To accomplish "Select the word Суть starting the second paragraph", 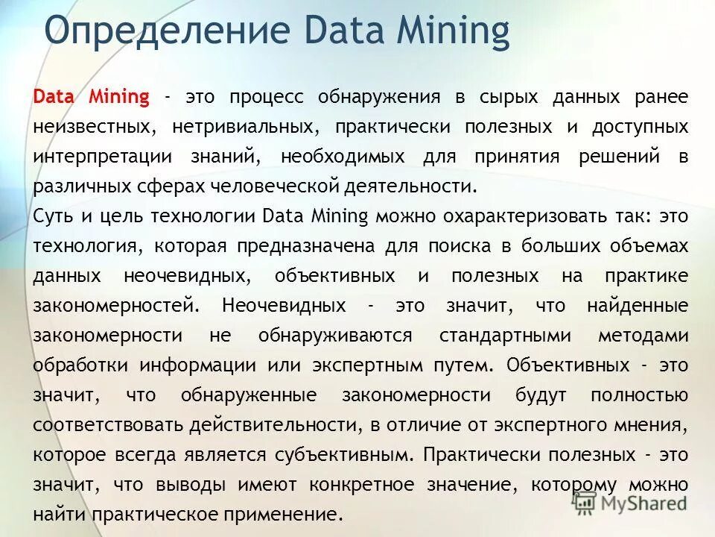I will (x=53, y=216).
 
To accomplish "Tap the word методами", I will (x=643, y=336).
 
